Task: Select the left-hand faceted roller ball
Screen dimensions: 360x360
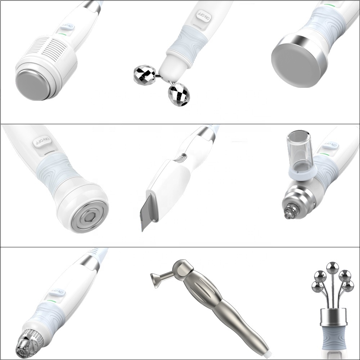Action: pos(143,75)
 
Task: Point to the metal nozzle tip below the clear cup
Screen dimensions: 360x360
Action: pos(288,212)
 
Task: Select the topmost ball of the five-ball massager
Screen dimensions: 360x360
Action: pos(332,267)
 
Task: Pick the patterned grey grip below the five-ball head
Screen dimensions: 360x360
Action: pos(333,337)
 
